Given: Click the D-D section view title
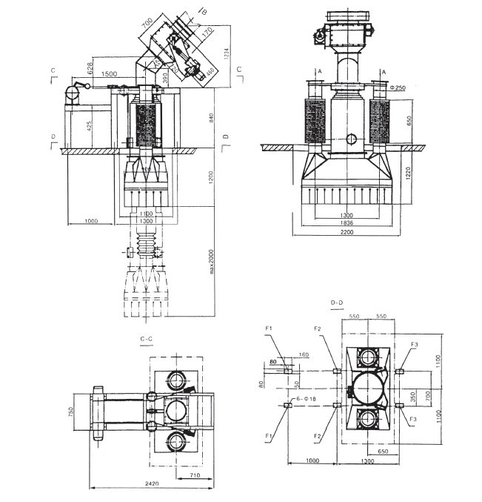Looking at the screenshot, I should coord(338,303).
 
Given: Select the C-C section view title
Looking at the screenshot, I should coord(146,338).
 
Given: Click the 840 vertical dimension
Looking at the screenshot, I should coord(213,119).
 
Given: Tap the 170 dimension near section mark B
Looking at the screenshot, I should coord(207,31).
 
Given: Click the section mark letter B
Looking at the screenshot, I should coord(205,10).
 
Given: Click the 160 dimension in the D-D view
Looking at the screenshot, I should coord(304,356).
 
